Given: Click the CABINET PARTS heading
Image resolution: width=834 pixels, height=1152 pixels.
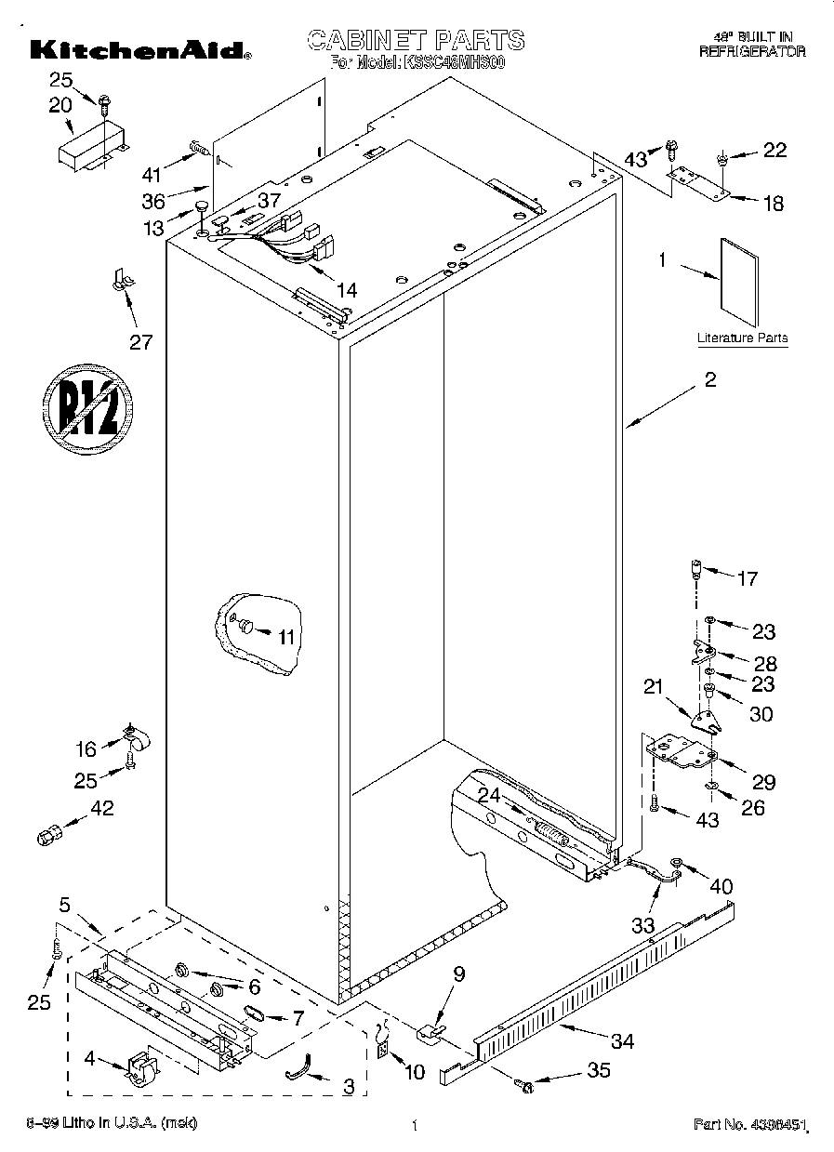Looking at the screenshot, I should pyautogui.click(x=416, y=40).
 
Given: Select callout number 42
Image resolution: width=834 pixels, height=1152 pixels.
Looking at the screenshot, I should pyautogui.click(x=101, y=808).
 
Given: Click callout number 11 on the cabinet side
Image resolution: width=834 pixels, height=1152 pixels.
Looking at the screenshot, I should pyautogui.click(x=285, y=636).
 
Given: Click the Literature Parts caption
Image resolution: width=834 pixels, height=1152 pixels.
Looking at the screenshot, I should pyautogui.click(x=742, y=338).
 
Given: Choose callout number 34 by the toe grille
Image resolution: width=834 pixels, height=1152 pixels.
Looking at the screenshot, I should pyautogui.click(x=621, y=1041).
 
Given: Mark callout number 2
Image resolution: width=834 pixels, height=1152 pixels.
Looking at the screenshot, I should pyautogui.click(x=709, y=379).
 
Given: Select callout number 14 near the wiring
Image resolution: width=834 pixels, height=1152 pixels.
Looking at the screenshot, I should pyautogui.click(x=346, y=289).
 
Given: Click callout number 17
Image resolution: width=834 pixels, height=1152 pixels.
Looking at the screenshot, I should pyautogui.click(x=747, y=579).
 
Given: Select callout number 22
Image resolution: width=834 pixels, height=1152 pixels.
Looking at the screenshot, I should pyautogui.click(x=774, y=151).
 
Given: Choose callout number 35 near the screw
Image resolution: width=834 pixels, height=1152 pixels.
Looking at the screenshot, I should pyautogui.click(x=599, y=1071).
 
